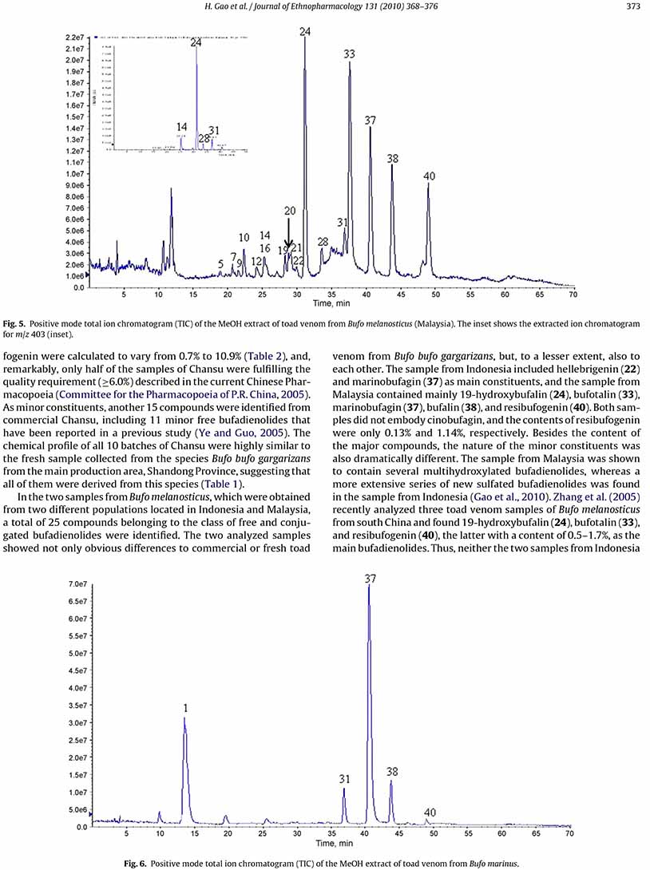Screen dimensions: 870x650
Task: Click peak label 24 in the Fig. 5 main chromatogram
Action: [x=306, y=31]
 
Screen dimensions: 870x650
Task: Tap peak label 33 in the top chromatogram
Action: [x=349, y=55]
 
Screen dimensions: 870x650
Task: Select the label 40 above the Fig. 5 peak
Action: [x=429, y=176]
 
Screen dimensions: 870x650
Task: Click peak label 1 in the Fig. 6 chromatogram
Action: [x=184, y=707]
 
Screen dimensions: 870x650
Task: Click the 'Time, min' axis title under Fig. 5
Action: [x=332, y=304]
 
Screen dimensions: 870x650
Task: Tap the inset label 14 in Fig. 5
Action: [x=182, y=127]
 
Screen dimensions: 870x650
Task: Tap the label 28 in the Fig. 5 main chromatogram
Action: [x=323, y=242]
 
